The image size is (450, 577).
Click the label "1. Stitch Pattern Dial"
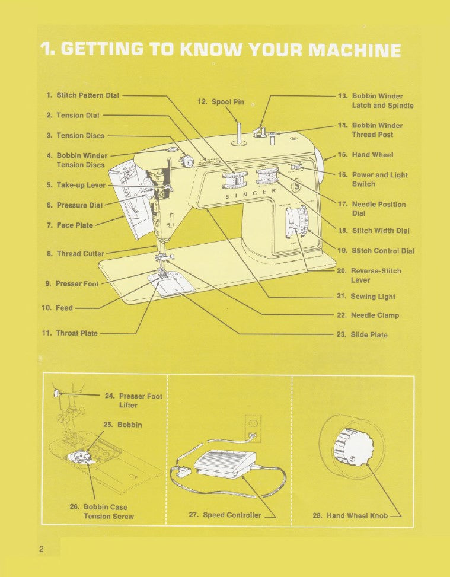pyautogui.click(x=82, y=95)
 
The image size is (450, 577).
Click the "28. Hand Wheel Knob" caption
pyautogui.click(x=350, y=515)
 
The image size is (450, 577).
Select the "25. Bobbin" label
pyautogui.click(x=123, y=425)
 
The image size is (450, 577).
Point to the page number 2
pyautogui.click(x=42, y=549)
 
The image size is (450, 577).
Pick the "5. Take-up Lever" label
pyautogui.click(x=76, y=185)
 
